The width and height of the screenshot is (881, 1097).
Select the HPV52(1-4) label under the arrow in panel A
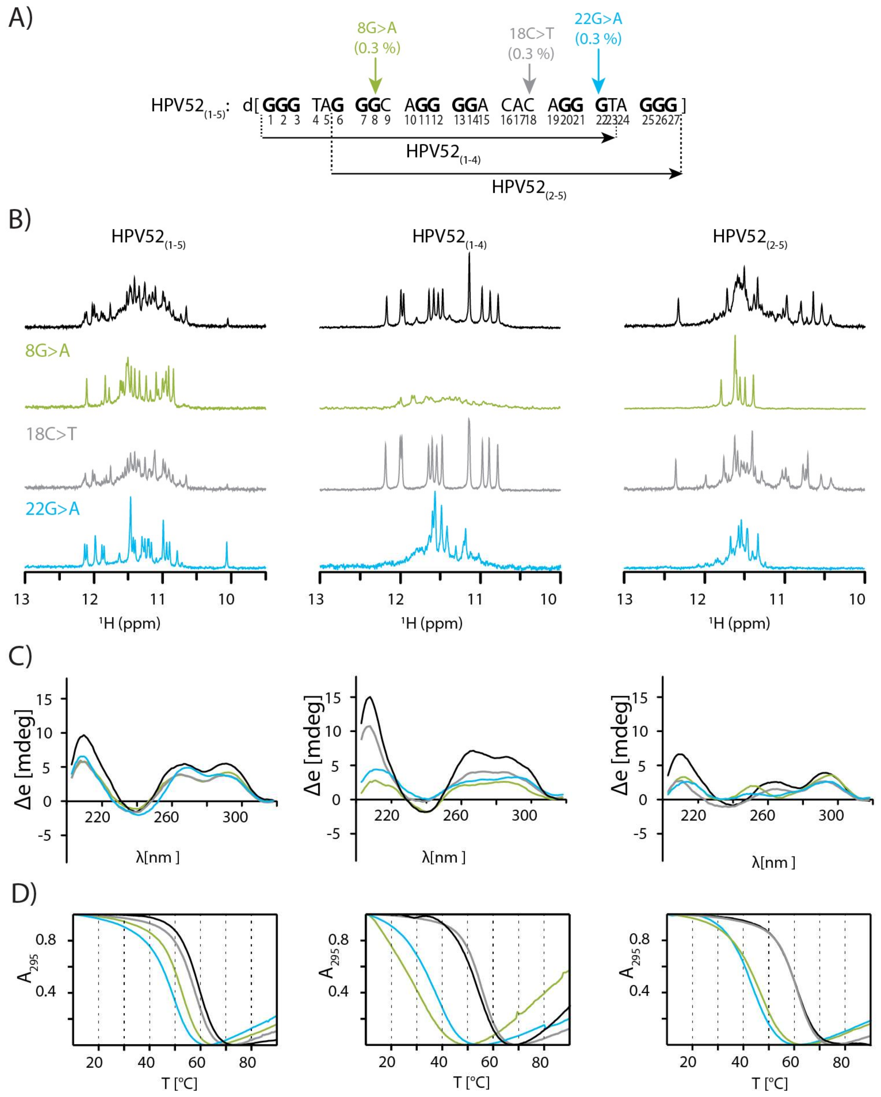pos(443,153)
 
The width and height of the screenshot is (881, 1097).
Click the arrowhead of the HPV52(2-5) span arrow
pos(675,174)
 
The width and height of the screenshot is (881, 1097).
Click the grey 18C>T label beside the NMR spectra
pos(51,434)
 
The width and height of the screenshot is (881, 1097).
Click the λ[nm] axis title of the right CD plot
pos(773,862)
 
